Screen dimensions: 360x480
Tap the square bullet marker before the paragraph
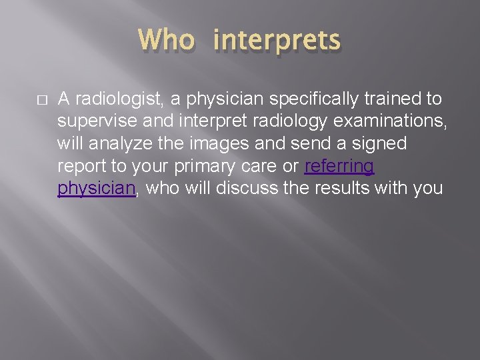tap(41, 100)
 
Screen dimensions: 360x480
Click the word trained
tap(396, 99)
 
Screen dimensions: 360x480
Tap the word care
tap(262, 166)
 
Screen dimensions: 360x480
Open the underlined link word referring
tap(339, 166)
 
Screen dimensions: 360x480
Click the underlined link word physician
tap(97, 189)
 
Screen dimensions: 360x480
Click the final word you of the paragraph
tap(429, 189)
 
